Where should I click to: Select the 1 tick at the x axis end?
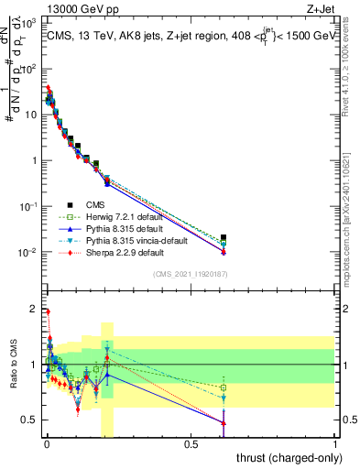(x=335, y=443)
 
